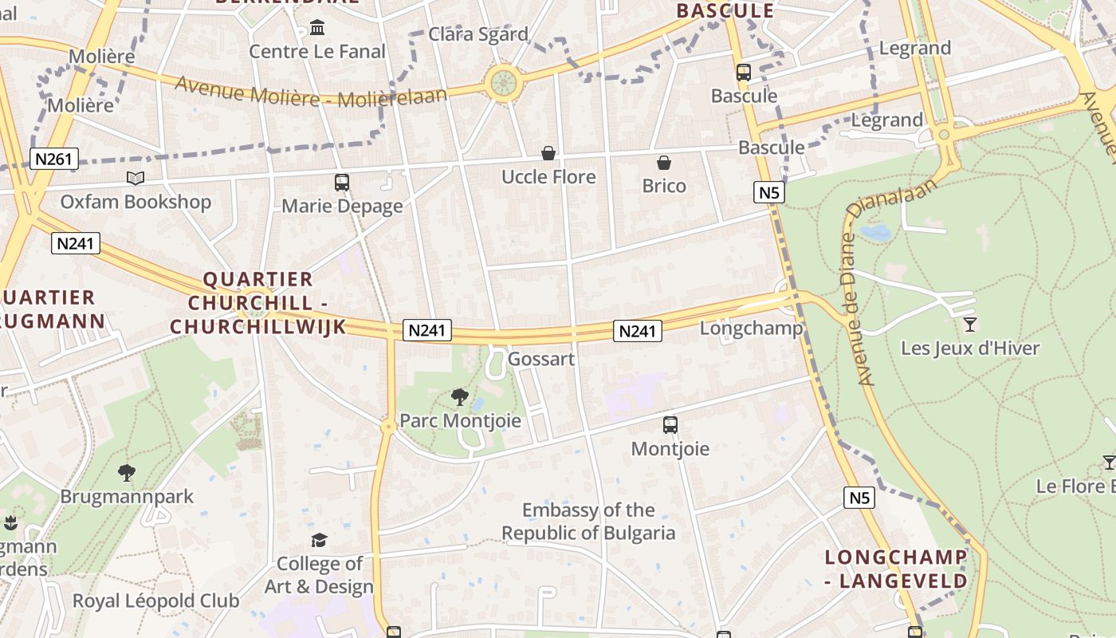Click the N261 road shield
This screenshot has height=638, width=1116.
pyautogui.click(x=54, y=159)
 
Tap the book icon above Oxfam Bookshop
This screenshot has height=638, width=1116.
pyautogui.click(x=136, y=179)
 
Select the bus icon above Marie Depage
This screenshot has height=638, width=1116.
pyautogui.click(x=342, y=183)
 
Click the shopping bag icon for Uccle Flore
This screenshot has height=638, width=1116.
pyautogui.click(x=548, y=153)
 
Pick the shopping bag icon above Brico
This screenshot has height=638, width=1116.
pyautogui.click(x=664, y=163)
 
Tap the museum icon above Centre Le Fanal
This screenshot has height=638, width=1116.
pyautogui.click(x=317, y=29)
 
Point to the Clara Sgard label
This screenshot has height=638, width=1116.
pyautogui.click(x=478, y=34)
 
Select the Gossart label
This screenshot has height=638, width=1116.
pyautogui.click(x=541, y=359)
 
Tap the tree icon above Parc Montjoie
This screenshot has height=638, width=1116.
pyautogui.click(x=459, y=396)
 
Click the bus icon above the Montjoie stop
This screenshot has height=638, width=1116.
pyautogui.click(x=670, y=425)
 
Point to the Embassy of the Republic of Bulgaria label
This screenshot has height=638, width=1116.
pyautogui.click(x=588, y=522)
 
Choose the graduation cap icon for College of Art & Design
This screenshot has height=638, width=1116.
pyautogui.click(x=319, y=540)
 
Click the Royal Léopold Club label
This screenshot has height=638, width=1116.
pyautogui.click(x=155, y=601)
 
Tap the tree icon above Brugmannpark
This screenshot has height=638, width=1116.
pyautogui.click(x=127, y=473)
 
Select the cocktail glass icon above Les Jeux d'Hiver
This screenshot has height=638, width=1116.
pyautogui.click(x=970, y=324)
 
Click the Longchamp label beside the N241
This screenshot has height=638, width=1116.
pyautogui.click(x=751, y=329)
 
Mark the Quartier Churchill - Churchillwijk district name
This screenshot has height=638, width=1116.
pyautogui.click(x=257, y=303)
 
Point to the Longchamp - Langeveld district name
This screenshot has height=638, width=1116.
pyautogui.click(x=896, y=569)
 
